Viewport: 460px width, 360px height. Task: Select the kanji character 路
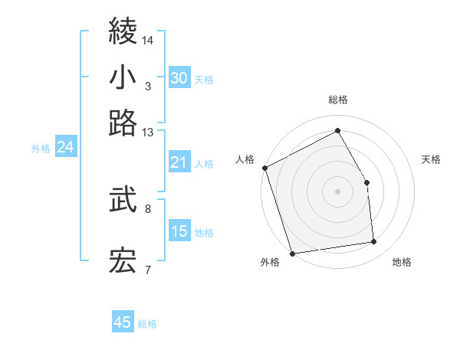click(x=123, y=123)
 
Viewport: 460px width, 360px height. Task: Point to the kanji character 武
click(x=123, y=200)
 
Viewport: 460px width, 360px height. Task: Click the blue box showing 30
click(x=179, y=77)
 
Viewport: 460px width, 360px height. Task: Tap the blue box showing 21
click(x=179, y=162)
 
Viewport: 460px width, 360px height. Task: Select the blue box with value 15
click(x=179, y=231)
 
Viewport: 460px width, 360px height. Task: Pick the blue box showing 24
click(x=65, y=147)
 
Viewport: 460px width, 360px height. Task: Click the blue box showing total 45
click(x=123, y=322)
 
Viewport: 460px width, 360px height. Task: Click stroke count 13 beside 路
click(x=148, y=133)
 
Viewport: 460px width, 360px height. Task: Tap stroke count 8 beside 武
click(x=148, y=208)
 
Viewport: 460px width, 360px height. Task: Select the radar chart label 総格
click(x=338, y=100)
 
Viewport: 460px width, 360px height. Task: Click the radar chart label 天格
click(x=432, y=159)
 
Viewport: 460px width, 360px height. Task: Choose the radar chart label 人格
click(x=245, y=159)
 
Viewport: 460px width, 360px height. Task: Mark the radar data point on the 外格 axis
click(x=292, y=253)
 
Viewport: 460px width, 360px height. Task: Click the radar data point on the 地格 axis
click(x=374, y=242)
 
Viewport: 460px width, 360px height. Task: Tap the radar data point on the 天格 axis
click(x=366, y=182)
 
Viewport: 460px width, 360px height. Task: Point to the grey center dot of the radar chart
click(x=337, y=191)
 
